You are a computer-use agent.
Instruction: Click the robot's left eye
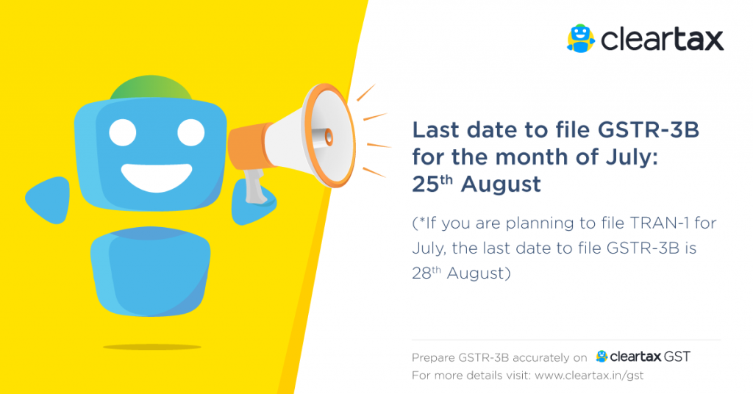[x=124, y=132]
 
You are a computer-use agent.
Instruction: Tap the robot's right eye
[x=191, y=132]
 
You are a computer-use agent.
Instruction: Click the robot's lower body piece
[x=150, y=268]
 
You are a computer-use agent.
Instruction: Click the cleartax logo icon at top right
[x=581, y=38]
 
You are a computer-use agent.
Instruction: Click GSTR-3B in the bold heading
[x=657, y=130]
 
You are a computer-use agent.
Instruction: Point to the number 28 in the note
[x=422, y=273]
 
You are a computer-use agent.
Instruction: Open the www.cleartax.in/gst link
[x=590, y=376]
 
